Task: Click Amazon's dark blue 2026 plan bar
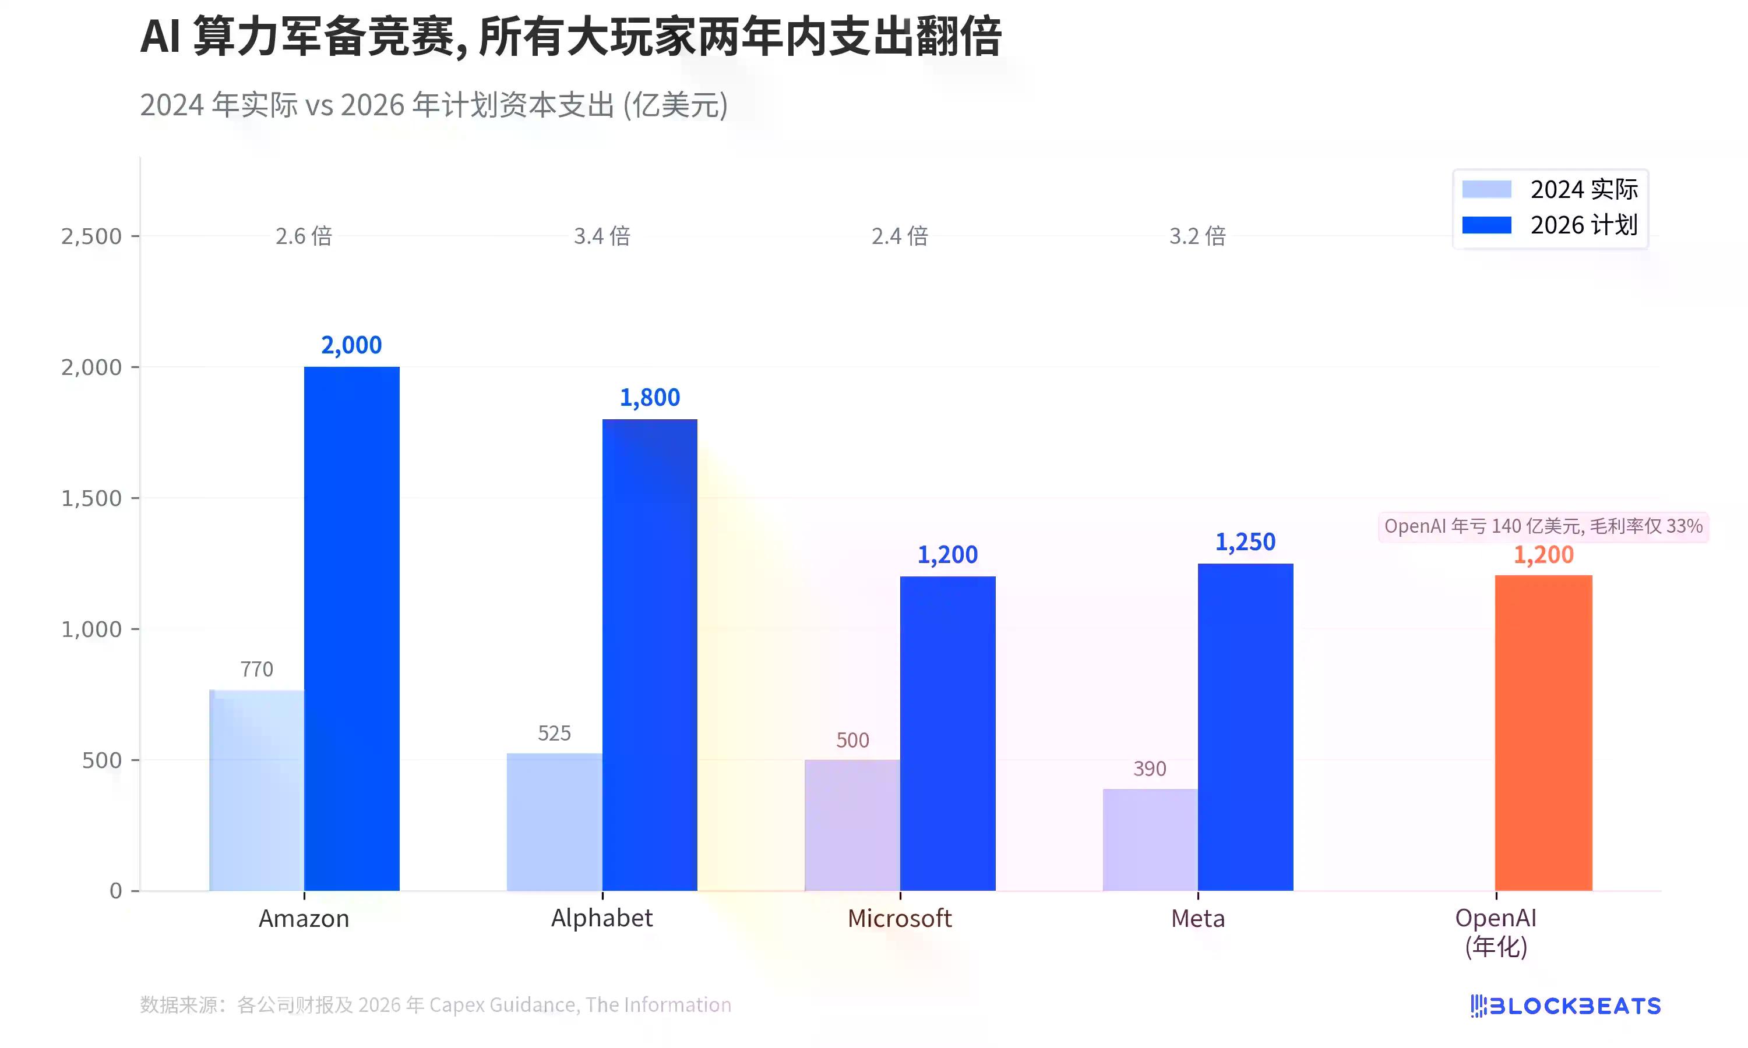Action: [x=352, y=629]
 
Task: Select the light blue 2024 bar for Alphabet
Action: [x=555, y=822]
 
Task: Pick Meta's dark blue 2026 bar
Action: [x=1246, y=727]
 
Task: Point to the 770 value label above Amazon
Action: [x=256, y=669]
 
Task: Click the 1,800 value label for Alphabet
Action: [x=649, y=398]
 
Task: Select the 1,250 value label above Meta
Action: [x=1245, y=541]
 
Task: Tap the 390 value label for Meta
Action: [x=1150, y=769]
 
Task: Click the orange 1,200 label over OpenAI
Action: [x=1543, y=555]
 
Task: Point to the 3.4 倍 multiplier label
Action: [x=602, y=236]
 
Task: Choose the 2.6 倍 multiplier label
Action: [x=304, y=236]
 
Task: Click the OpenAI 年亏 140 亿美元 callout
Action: [x=1543, y=526]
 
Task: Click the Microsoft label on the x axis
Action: [x=900, y=918]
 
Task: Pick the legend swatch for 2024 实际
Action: [x=1486, y=189]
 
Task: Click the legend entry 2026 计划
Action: [x=1583, y=225]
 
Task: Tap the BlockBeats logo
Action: [x=1565, y=1005]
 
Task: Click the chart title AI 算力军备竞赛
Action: [x=571, y=37]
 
